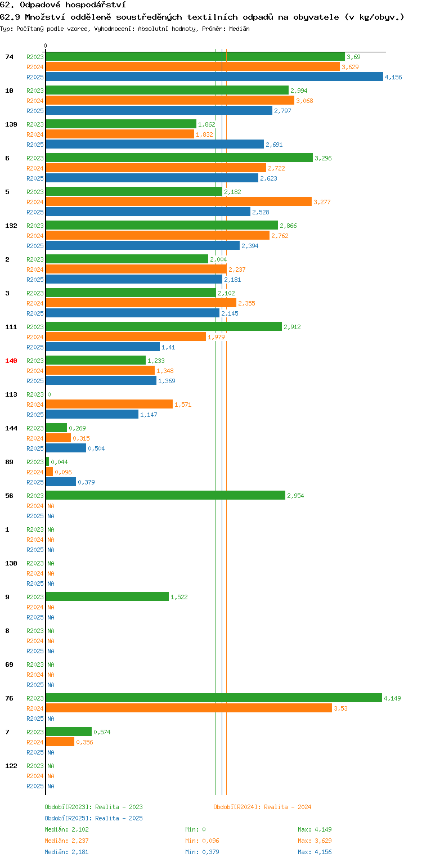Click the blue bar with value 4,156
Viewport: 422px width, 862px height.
coord(214,77)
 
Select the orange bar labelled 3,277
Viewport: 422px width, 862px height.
coord(178,201)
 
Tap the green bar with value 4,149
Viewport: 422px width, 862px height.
coord(214,698)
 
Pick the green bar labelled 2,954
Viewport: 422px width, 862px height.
coord(165,495)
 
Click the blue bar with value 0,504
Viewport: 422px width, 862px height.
coord(66,448)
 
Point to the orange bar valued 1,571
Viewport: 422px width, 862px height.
coord(109,404)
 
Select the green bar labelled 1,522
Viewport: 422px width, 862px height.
coord(107,596)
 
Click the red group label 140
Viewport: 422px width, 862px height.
coord(11,361)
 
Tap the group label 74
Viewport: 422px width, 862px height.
coord(9,57)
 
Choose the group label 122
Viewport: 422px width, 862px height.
coord(11,766)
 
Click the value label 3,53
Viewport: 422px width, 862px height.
coord(340,708)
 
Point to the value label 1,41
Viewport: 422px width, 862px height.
coord(168,347)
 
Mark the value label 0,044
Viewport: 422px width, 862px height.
coord(59,462)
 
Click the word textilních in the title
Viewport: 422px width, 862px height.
coord(212,17)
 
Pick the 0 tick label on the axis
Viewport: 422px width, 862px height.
coord(46,46)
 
